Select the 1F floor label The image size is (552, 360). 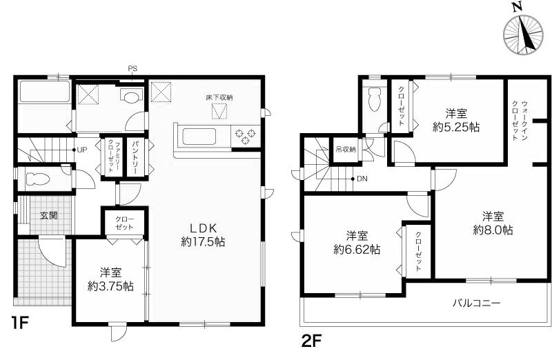coord(19,321)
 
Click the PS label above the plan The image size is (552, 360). coord(133,68)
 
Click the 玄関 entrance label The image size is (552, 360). coord(48,215)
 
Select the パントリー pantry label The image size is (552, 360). coord(135,155)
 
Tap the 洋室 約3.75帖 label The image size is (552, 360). coord(110,279)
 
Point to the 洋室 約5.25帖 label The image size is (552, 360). coord(456,120)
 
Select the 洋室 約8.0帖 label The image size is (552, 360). coord(492,222)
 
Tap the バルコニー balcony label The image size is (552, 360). coord(477,303)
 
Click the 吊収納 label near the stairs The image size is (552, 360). coord(345,149)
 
